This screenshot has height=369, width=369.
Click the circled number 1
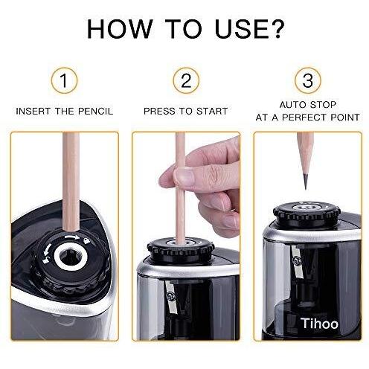click(64, 80)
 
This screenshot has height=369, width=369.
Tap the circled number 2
click(186, 80)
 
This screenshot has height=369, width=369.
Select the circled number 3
click(308, 80)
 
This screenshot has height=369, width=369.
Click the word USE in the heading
click(234, 29)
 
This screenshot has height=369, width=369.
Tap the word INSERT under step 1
click(33, 112)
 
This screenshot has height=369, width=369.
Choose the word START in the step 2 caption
click(212, 112)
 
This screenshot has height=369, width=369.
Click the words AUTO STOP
click(308, 105)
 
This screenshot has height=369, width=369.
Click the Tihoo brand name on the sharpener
click(319, 324)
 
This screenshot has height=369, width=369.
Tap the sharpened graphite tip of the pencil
click(306, 181)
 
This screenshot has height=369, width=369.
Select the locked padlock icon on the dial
click(86, 240)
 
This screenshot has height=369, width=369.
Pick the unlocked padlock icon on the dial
click(46, 260)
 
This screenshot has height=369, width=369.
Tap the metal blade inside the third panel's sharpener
click(297, 262)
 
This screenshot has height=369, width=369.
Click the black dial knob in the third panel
click(307, 214)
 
